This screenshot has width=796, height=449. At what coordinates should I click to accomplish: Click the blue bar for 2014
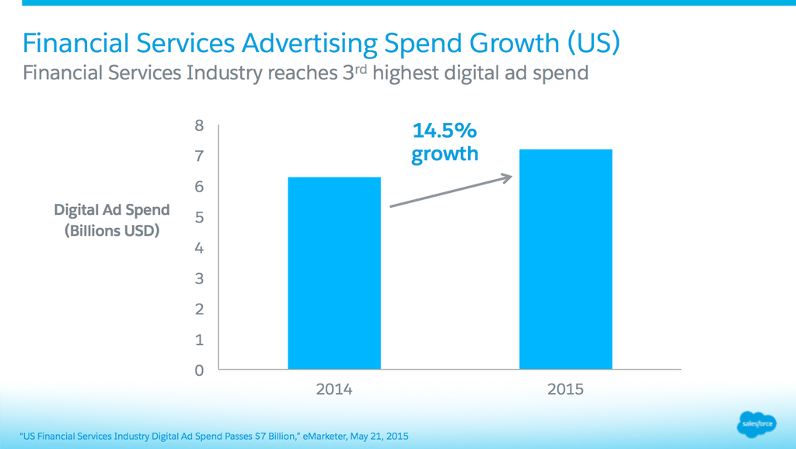pos(334,273)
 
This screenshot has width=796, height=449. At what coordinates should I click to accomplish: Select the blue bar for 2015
pos(565,259)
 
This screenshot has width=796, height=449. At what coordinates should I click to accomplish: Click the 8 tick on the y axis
pos(199,126)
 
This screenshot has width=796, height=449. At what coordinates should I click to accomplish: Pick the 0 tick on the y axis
pos(199,370)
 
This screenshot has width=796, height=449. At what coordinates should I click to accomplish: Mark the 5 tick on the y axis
pos(199,218)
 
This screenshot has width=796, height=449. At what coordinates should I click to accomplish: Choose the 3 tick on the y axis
pos(199,279)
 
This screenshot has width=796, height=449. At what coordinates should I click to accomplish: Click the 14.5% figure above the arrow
pos(445,130)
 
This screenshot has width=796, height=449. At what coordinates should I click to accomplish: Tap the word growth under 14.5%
pos(445,153)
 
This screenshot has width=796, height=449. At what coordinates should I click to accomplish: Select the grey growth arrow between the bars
pos(451,191)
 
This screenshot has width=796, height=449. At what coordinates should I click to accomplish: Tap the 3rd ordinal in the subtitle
pos(354,73)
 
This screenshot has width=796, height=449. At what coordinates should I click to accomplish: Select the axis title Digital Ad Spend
pos(112,210)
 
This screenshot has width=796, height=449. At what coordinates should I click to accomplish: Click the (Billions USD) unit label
pos(112,230)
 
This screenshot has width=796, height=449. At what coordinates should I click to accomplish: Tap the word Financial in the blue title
pos(73,44)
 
